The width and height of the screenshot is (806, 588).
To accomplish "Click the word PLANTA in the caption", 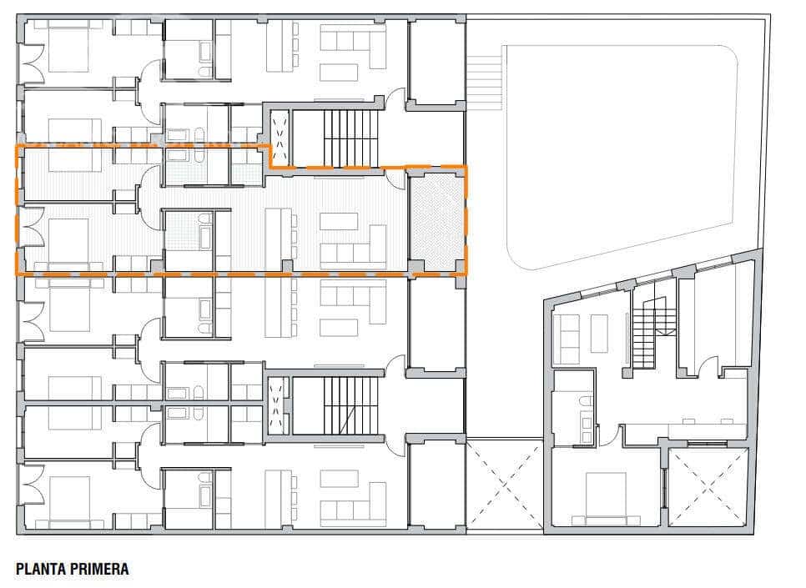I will (x=38, y=570).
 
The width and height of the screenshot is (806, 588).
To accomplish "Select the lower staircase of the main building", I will (x=350, y=405).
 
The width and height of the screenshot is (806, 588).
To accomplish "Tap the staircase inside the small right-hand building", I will (x=644, y=337).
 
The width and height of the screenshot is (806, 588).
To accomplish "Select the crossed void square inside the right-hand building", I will (x=708, y=487).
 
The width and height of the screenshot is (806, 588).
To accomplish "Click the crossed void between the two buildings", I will (x=504, y=485).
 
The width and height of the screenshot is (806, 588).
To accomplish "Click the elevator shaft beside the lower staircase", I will (x=278, y=405).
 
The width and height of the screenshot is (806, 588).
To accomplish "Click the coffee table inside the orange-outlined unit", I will (x=339, y=222).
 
